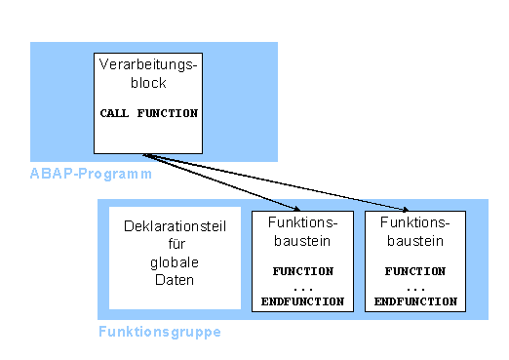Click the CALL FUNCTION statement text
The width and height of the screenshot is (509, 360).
pyautogui.click(x=148, y=113)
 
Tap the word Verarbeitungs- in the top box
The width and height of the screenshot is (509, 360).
pyautogui.click(x=148, y=65)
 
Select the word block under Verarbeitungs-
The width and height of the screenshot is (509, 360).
pyautogui.click(x=148, y=83)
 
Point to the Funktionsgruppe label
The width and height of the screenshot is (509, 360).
pyautogui.click(x=160, y=332)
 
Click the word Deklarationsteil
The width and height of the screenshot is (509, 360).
pyautogui.click(x=175, y=227)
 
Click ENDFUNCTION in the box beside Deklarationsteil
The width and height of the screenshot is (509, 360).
pyautogui.click(x=302, y=302)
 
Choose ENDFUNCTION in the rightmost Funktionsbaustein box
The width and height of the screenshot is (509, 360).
pyautogui.click(x=416, y=302)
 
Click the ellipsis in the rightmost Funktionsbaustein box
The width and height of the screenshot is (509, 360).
pyautogui.click(x=416, y=288)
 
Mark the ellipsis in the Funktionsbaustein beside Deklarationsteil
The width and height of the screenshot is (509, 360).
pyautogui.click(x=302, y=288)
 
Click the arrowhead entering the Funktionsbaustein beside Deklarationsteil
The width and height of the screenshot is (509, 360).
pyautogui.click(x=292, y=208)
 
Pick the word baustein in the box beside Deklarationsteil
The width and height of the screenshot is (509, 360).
pyautogui.click(x=302, y=239)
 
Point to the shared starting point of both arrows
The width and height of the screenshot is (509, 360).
pyautogui.click(x=143, y=154)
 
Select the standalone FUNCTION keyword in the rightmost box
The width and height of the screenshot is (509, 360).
pyautogui.click(x=416, y=271)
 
